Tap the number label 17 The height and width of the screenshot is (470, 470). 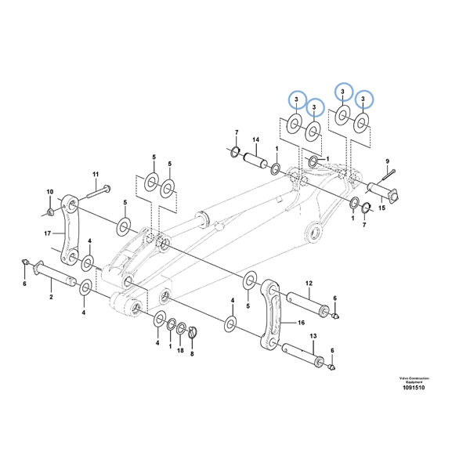coord(47,233)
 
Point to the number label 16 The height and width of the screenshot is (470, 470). coord(301,321)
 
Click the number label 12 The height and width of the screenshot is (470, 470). coord(309,283)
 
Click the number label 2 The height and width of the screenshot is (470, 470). coord(50,298)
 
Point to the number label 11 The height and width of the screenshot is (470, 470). coord(96,173)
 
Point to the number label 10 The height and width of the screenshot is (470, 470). coord(49,192)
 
